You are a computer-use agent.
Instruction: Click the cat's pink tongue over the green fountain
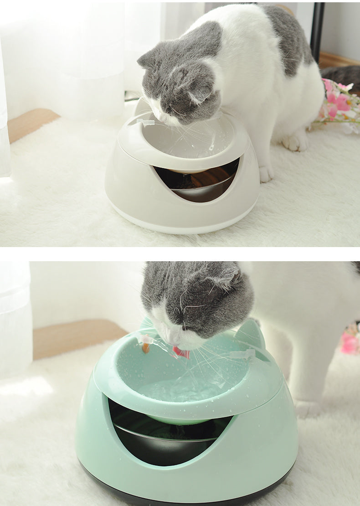pyautogui.click(x=181, y=352)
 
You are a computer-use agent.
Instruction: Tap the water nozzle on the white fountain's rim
pyautogui.click(x=145, y=122)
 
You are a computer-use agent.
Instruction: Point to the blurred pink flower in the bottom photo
pyautogui.click(x=350, y=342)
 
